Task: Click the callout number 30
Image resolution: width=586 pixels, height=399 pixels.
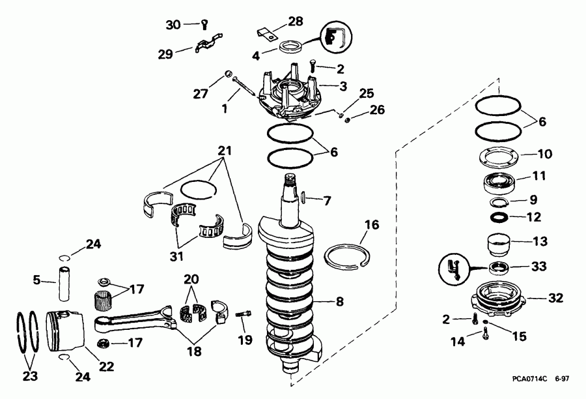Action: coord(173,25)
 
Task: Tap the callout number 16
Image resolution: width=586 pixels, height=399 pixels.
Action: coord(371,225)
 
